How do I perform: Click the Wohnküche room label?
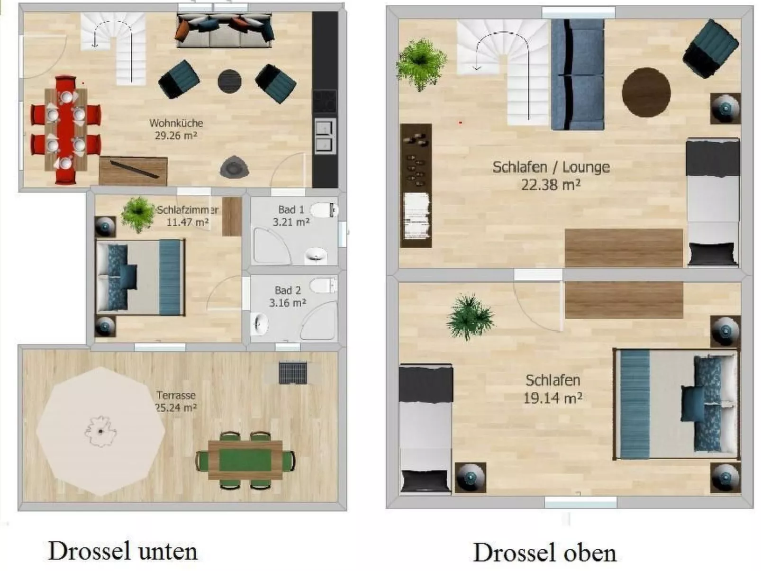pyautogui.click(x=176, y=123)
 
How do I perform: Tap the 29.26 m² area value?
pyautogui.click(x=176, y=136)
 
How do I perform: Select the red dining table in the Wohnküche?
pyautogui.click(x=66, y=129)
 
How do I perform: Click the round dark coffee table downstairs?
pyautogui.click(x=230, y=82)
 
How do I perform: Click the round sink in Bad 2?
pyautogui.click(x=260, y=325)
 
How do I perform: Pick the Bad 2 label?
pyautogui.click(x=288, y=290)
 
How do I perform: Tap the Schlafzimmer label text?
pyautogui.click(x=188, y=210)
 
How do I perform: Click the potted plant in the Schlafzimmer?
pyautogui.click(x=137, y=214)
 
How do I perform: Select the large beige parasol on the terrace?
pyautogui.click(x=101, y=430)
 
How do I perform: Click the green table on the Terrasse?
pyautogui.click(x=245, y=460)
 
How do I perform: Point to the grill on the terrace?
pyautogui.click(x=292, y=372)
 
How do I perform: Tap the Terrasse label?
pyautogui.click(x=176, y=395)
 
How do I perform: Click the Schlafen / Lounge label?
pyautogui.click(x=551, y=167)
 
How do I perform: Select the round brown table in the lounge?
pyautogui.click(x=646, y=92)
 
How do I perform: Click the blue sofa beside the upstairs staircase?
pyautogui.click(x=577, y=75)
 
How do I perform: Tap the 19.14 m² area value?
pyautogui.click(x=553, y=398)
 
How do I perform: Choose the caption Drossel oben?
pyautogui.click(x=545, y=553)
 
